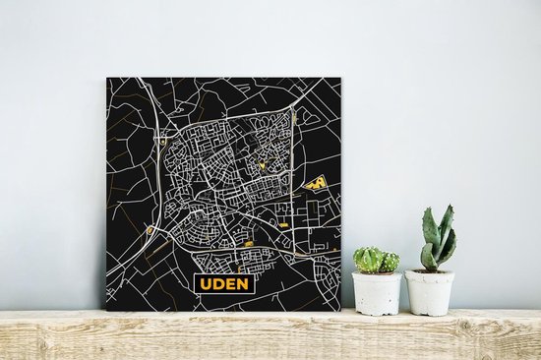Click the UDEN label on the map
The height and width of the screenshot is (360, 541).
pyautogui.click(x=224, y=283)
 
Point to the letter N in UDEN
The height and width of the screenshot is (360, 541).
pyautogui.click(x=243, y=283)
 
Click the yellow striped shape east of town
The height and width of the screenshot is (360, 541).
pyautogui.click(x=316, y=182)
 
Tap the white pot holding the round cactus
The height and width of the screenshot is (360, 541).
pyautogui.click(x=376, y=292)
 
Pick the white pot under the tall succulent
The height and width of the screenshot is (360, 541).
pyautogui.click(x=430, y=292)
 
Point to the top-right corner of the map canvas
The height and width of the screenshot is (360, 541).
pyautogui.click(x=340, y=78)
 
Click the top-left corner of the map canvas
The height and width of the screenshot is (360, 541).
pyautogui.click(x=107, y=80)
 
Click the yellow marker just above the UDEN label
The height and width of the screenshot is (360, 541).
pyautogui.click(x=248, y=243)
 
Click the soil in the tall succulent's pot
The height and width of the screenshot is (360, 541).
pyautogui.click(x=430, y=272)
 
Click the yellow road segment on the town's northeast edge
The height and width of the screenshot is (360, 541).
pyautogui.click(x=294, y=119)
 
